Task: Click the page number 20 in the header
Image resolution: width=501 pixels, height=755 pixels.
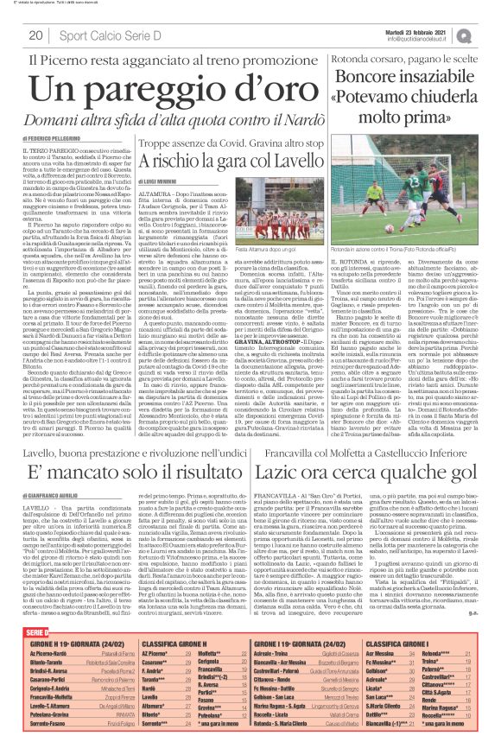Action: pyautogui.click(x=36, y=35)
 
